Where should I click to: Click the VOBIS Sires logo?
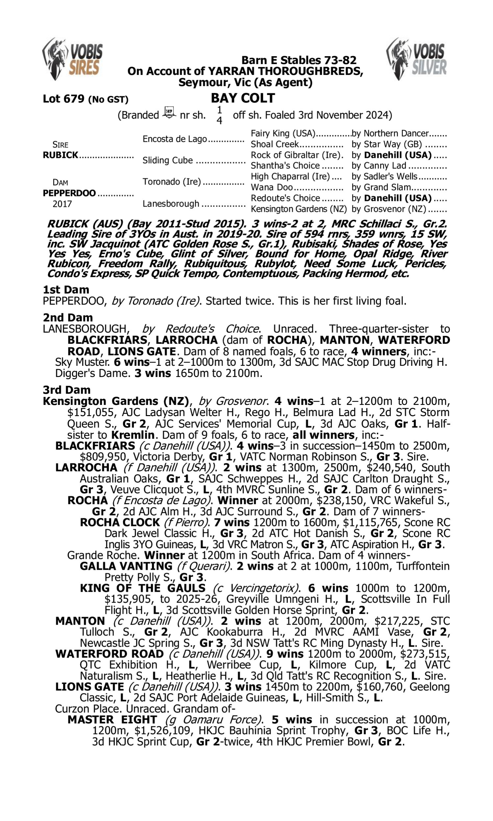click(x=72, y=58)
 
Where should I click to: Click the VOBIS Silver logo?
click(x=417, y=58)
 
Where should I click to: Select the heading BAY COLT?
click(x=243, y=98)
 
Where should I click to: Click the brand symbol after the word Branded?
click(x=169, y=113)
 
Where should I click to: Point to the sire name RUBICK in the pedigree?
click(x=60, y=155)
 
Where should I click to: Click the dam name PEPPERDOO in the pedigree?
click(x=69, y=193)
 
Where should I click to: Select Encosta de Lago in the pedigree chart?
click(x=175, y=139)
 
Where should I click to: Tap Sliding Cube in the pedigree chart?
click(x=167, y=160)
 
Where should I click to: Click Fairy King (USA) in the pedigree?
click(x=283, y=133)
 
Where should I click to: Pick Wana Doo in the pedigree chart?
click(x=272, y=188)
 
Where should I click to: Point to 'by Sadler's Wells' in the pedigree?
click(x=384, y=177)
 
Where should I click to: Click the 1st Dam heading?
click(x=66, y=290)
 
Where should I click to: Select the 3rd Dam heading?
click(x=66, y=389)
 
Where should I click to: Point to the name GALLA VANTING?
click(x=126, y=566)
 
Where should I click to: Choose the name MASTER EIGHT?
click(x=112, y=720)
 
